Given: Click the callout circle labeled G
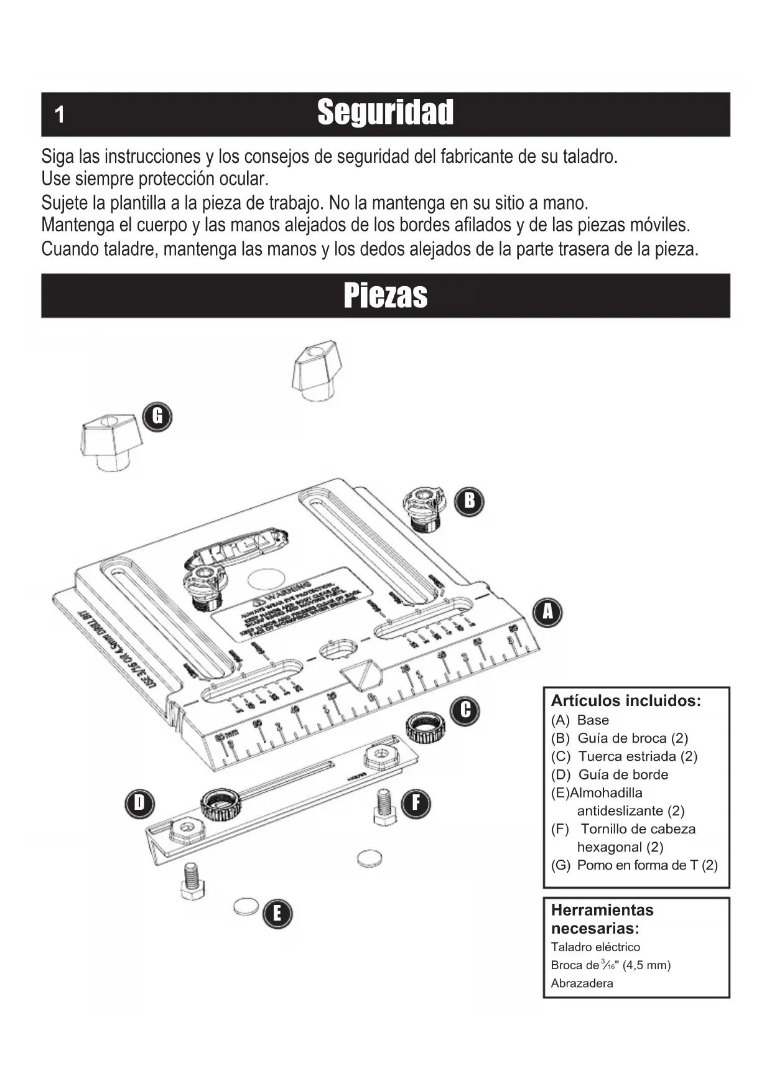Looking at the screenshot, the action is click(x=157, y=416).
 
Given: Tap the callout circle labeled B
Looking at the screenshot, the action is click(x=469, y=500).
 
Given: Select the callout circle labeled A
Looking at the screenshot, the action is click(x=547, y=612).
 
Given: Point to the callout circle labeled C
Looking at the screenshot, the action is click(x=466, y=710).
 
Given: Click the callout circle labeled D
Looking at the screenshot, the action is click(x=139, y=803).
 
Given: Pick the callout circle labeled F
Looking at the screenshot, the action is click(x=416, y=803).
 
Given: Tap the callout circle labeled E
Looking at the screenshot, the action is click(x=277, y=913).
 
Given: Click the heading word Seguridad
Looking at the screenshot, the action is click(x=385, y=113).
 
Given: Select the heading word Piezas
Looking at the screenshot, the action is click(x=385, y=295).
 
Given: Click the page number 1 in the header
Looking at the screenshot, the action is click(x=60, y=115).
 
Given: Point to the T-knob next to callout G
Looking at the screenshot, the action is click(x=111, y=441).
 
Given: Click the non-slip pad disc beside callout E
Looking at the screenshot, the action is click(x=246, y=906).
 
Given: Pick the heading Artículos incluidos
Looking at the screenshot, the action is click(x=626, y=701).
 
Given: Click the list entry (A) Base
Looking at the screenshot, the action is click(x=580, y=720).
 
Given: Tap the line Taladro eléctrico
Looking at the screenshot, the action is click(x=595, y=947).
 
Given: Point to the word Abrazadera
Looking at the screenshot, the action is click(x=582, y=983).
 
